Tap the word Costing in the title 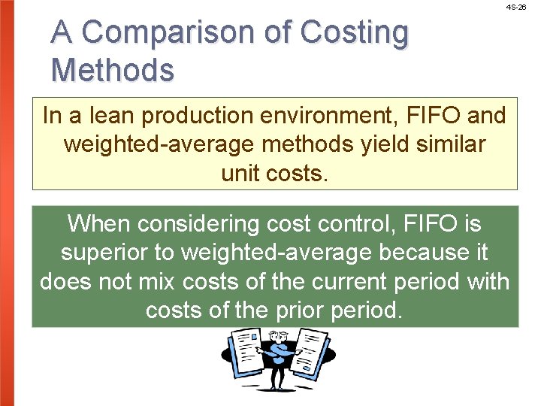click(355, 32)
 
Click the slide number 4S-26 click(516, 7)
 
